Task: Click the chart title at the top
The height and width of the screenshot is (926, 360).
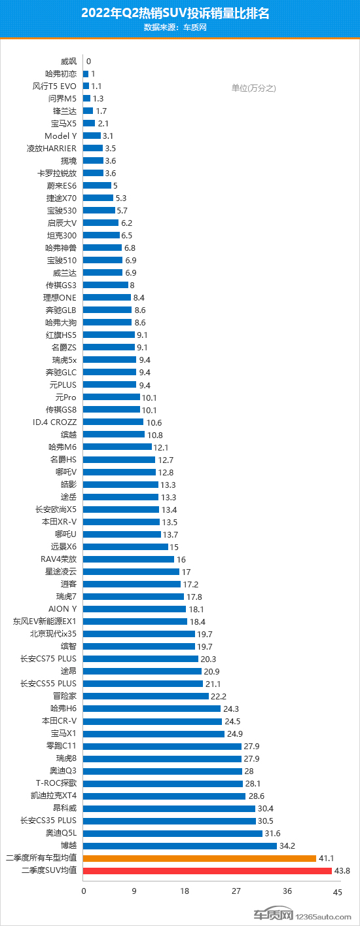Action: [x=175, y=13]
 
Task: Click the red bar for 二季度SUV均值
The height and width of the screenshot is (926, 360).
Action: [x=207, y=870]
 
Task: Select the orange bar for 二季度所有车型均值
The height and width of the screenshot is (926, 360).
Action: [x=200, y=858]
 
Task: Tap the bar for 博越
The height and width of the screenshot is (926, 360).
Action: [x=180, y=846]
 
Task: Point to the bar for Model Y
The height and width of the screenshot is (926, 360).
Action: [x=92, y=136]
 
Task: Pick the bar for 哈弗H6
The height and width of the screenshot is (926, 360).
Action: [x=152, y=709]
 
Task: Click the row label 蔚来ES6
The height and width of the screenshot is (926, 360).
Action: [x=62, y=185]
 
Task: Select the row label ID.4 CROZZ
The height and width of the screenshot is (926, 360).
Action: [x=54, y=422]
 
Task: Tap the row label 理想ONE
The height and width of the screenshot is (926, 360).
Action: [x=60, y=297]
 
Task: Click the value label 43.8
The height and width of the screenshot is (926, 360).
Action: [x=342, y=870]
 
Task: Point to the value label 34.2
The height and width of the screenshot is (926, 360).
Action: [x=287, y=846]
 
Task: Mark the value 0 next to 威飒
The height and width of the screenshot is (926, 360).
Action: [x=89, y=62]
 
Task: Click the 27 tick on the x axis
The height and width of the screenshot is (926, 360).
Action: [x=236, y=891]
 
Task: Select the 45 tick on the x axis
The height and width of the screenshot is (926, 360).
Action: [x=338, y=892]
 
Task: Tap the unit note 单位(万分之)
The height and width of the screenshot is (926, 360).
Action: [x=254, y=88]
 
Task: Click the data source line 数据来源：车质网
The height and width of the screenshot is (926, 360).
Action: [x=175, y=28]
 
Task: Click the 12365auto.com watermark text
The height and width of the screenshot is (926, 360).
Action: [x=323, y=917]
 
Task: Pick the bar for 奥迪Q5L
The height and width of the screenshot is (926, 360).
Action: [x=173, y=834]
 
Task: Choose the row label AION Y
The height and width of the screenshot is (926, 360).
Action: [x=62, y=609]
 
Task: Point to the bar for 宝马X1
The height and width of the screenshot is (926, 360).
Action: [x=154, y=733]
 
